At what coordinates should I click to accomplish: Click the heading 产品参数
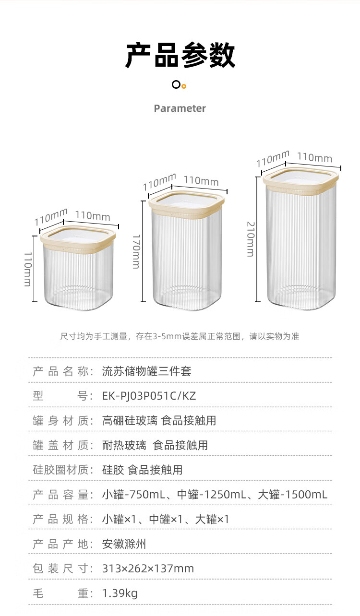(x=180, y=55)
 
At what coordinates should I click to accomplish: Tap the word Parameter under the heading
(x=180, y=108)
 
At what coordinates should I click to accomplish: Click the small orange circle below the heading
(x=184, y=86)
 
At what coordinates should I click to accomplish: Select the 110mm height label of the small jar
(x=28, y=270)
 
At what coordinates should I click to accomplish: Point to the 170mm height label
(x=136, y=251)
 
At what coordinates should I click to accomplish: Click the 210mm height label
(x=251, y=239)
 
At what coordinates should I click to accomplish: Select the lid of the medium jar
(x=187, y=203)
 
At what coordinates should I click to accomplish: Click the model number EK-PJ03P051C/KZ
(x=149, y=396)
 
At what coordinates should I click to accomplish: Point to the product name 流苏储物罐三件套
(x=147, y=371)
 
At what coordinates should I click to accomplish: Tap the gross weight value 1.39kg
(x=120, y=594)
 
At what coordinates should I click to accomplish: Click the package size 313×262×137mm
(x=148, y=569)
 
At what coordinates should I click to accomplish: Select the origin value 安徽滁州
(x=124, y=544)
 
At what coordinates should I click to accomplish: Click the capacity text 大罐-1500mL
(x=293, y=495)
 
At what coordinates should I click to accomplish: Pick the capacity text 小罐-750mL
(x=133, y=495)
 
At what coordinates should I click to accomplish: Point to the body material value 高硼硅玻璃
(x=130, y=421)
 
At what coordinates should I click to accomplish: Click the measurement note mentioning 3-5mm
(x=180, y=336)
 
